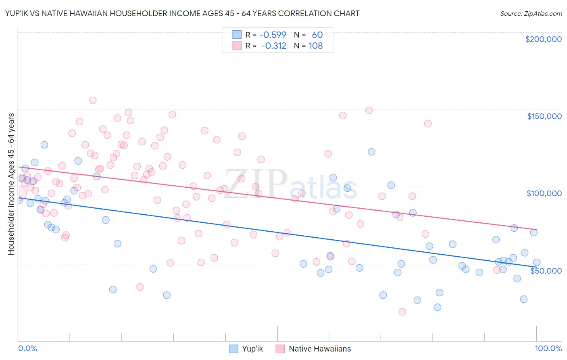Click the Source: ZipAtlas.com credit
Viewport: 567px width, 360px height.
(x=531, y=13)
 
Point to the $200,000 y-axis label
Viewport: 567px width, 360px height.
(x=543, y=39)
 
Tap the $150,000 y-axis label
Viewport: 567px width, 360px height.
(x=544, y=116)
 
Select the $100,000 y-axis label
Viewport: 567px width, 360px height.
(x=544, y=193)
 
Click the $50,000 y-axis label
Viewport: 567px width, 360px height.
(x=546, y=270)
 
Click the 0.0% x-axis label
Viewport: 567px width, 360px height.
(x=27, y=348)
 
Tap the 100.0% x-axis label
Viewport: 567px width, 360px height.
(x=548, y=348)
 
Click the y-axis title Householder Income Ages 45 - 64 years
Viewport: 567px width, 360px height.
(x=11, y=184)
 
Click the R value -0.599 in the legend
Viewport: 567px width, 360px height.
(x=273, y=35)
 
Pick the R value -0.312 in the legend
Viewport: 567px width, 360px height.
(x=273, y=46)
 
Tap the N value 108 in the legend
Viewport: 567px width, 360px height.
(x=316, y=46)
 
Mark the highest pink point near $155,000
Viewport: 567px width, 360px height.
(x=93, y=100)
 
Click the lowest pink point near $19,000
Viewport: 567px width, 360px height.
(x=402, y=312)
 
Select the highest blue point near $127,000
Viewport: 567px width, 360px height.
(x=44, y=144)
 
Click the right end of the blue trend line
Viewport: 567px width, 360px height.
(x=536, y=267)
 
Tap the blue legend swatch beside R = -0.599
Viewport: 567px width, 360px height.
(x=237, y=35)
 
